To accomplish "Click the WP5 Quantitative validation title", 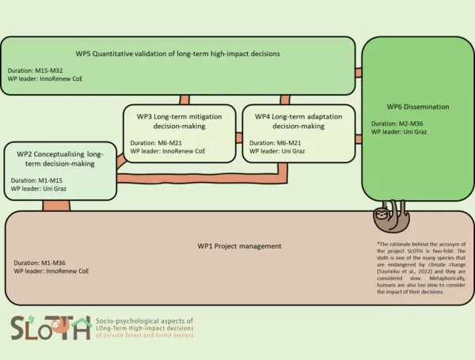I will click(x=178, y=54).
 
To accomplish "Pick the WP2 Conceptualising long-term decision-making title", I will click(x=59, y=159).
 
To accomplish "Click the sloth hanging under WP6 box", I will click(x=387, y=215).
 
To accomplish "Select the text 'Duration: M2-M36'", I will click(x=398, y=123).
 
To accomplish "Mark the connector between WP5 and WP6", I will click(x=358, y=73).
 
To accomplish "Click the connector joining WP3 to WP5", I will click(x=184, y=100).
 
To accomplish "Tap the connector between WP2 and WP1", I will click(x=57, y=206).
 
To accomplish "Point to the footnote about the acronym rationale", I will click(x=419, y=267).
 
